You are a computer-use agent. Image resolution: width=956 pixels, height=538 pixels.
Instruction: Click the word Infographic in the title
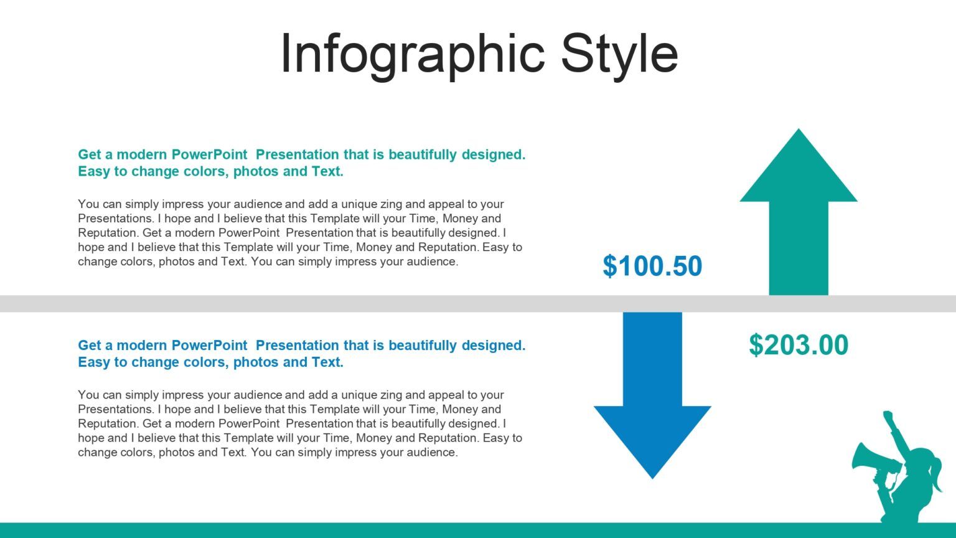413,55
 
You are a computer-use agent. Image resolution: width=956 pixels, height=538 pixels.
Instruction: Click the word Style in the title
619,55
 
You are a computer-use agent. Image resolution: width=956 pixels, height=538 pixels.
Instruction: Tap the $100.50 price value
652,266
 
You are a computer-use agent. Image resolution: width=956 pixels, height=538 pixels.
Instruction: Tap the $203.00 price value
798,345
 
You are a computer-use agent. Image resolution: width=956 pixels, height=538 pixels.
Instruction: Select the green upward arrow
799,224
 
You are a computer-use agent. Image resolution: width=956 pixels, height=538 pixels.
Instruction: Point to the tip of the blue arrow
652,476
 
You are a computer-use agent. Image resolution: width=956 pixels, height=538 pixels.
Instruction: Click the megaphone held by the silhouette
871,460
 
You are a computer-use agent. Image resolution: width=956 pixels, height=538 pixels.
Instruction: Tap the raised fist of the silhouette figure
888,415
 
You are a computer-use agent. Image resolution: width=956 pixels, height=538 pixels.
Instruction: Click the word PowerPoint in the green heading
209,154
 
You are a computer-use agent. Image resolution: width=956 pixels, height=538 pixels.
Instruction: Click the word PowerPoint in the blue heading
209,346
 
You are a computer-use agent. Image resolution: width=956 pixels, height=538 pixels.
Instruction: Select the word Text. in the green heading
327,171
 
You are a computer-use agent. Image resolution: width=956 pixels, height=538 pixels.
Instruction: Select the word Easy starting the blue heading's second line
94,362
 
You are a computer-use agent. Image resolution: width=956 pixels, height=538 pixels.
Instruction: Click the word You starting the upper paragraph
88,204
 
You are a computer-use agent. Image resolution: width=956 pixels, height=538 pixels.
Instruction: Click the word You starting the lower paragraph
88,395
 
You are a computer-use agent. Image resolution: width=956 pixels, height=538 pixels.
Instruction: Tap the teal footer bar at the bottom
436,530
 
